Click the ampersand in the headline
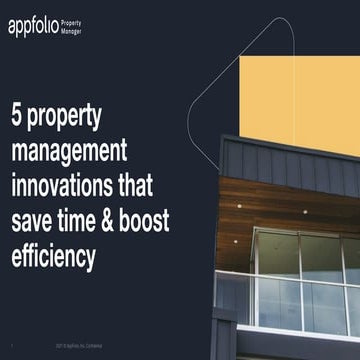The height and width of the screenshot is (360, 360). point(143,220)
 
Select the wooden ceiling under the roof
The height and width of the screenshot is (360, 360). point(300,205)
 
